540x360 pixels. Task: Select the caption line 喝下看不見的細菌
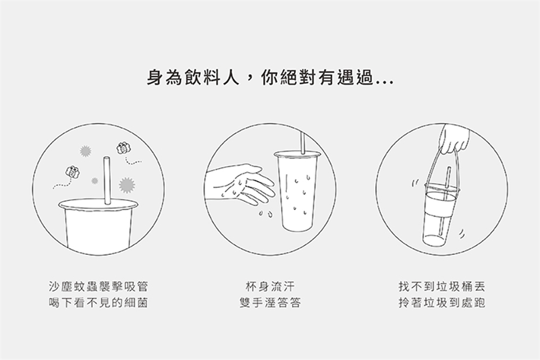tap(98, 303)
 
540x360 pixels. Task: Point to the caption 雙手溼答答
tap(271, 303)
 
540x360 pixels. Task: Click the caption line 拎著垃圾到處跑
tap(442, 303)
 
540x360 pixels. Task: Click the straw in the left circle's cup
tap(107, 181)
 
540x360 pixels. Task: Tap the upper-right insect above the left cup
tap(123, 148)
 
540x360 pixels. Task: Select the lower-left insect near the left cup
tap(73, 172)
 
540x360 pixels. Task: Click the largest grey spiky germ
tap(127, 184)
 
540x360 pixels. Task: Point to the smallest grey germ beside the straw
tap(94, 181)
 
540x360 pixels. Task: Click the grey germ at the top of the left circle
tap(85, 151)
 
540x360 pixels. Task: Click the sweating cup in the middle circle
tap(297, 191)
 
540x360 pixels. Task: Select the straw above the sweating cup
tap(303, 142)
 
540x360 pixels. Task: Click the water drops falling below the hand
tap(265, 214)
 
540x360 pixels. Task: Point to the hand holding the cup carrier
tap(454, 139)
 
